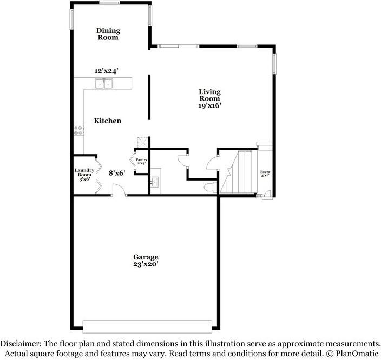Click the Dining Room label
click(x=108, y=34)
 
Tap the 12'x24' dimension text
click(x=106, y=71)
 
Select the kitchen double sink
click(x=104, y=83)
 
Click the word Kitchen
click(x=108, y=121)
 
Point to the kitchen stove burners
click(x=79, y=130)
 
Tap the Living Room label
click(x=209, y=95)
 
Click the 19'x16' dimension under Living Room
click(x=209, y=106)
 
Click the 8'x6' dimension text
click(x=116, y=173)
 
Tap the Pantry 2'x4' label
click(x=141, y=162)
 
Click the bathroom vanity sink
click(x=154, y=182)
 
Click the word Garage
click(x=146, y=257)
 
